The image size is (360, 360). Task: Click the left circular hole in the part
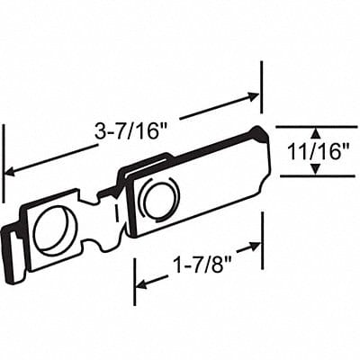coord(51,230)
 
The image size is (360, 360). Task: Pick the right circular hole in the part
coord(159,199)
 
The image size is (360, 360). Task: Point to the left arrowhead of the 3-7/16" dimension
coord(12,170)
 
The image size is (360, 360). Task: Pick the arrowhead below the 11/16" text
coord(315,170)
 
